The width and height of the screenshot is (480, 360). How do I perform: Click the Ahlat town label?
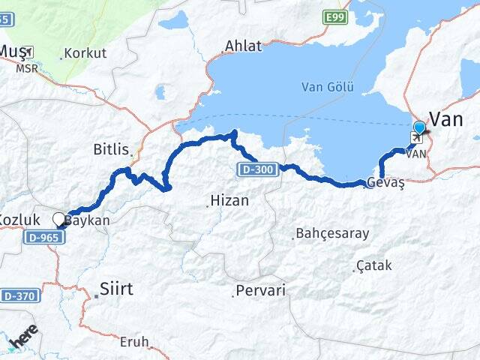pyautogui.click(x=244, y=46)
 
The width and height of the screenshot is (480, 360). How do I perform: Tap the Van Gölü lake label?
pyautogui.click(x=327, y=86)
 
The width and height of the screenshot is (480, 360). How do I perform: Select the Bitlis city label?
pyautogui.click(x=111, y=148)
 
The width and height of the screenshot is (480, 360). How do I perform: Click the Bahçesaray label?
pyautogui.click(x=332, y=233)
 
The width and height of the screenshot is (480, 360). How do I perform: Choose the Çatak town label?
pyautogui.click(x=374, y=265)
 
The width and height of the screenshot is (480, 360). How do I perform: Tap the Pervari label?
pyautogui.click(x=259, y=290)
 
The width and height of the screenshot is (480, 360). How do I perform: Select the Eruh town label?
pyautogui.click(x=134, y=341)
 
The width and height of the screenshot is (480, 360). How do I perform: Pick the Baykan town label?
pyautogui.click(x=87, y=220)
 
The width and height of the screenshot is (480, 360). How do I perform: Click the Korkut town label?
pyautogui.click(x=85, y=54)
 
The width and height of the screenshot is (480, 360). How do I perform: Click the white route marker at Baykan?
pyautogui.click(x=59, y=219)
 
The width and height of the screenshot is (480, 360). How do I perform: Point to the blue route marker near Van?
pyautogui.click(x=418, y=127)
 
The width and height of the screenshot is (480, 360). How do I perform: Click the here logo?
pyautogui.click(x=22, y=338)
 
